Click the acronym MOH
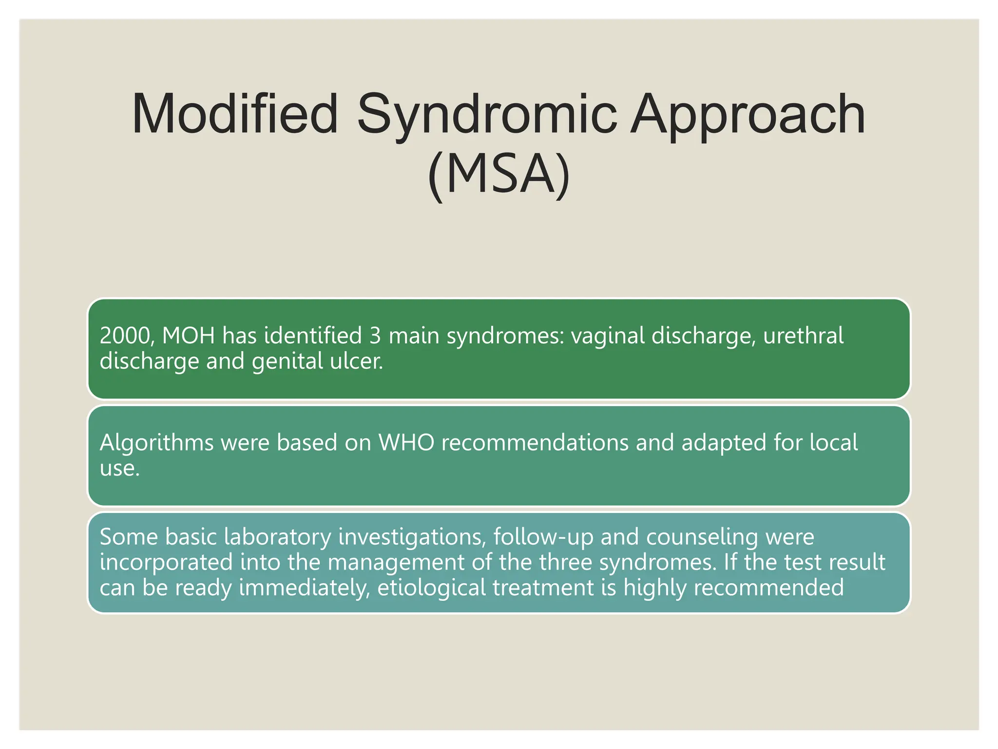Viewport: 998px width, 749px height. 188,335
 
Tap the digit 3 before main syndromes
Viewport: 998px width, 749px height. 375,335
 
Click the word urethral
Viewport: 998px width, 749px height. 803,335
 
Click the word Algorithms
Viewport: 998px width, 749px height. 156,443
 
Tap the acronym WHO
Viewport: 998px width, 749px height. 406,443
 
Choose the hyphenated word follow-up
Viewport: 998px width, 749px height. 543,537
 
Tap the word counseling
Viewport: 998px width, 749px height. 702,537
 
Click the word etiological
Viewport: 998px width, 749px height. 431,588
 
